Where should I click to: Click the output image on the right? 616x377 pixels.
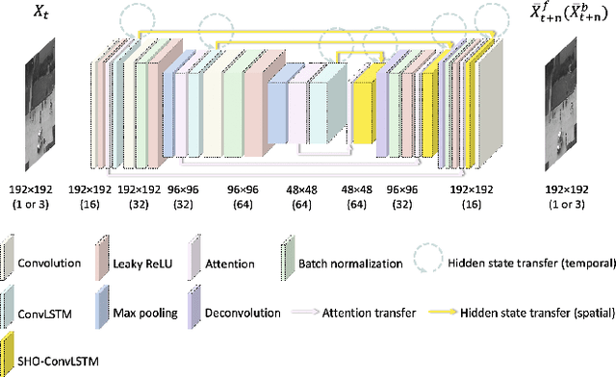567,108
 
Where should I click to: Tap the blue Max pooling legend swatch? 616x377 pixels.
103,310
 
